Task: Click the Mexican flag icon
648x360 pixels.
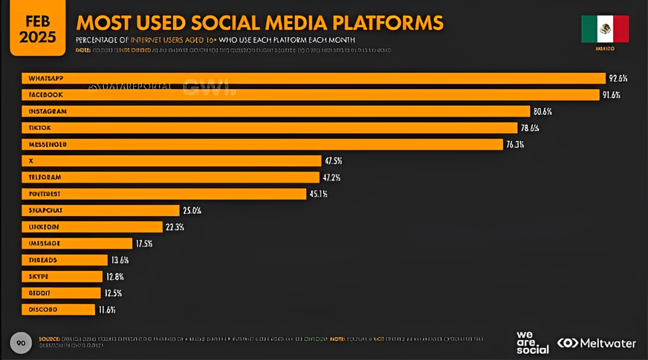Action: pos(605,29)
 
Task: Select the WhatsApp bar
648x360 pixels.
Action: pos(313,78)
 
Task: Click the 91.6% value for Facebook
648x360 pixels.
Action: pos(611,95)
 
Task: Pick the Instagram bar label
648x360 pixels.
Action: pos(48,111)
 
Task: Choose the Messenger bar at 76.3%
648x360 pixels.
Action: pos(262,144)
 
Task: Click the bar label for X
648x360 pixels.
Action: pos(31,161)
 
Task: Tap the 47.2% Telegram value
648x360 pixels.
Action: pos(331,178)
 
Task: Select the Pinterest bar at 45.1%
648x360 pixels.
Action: pos(164,194)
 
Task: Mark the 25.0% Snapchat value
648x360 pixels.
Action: pos(192,211)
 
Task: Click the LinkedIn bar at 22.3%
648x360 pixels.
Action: pos(92,227)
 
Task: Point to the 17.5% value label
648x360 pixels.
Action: pos(144,244)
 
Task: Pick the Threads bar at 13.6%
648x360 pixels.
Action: pos(65,260)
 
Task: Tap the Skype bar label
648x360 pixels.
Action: pos(38,276)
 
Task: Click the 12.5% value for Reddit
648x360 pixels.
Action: pos(112,293)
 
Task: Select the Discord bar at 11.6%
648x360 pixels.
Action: pos(58,309)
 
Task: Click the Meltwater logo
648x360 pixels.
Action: pos(596,343)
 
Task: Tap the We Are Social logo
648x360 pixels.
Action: pos(532,343)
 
